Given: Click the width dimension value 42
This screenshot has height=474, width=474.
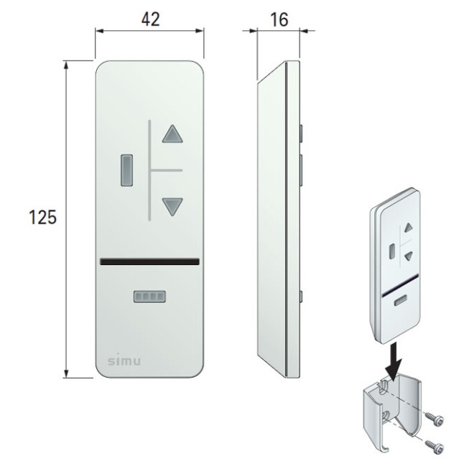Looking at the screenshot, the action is [151, 19].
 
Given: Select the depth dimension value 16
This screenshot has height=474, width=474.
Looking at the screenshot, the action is [279, 19].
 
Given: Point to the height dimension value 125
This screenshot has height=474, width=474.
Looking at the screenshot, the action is [42, 217].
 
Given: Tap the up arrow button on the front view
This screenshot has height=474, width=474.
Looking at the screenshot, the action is [172, 134].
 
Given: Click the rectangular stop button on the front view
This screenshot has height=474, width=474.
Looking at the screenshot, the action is [126, 170].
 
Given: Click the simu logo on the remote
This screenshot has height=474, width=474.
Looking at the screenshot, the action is [124, 361].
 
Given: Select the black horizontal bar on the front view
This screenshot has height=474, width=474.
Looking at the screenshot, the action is [149, 261].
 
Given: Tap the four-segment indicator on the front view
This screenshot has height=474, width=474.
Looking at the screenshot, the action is [149, 297].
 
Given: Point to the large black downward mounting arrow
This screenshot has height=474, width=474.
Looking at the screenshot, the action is [394, 361].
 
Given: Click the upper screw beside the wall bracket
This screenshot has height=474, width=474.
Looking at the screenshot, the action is [434, 419].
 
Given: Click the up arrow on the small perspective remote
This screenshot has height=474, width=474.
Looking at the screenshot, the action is [409, 228].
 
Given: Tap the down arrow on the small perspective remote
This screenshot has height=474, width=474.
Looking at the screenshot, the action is [409, 256].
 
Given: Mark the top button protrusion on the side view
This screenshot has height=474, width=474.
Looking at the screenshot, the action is [301, 133].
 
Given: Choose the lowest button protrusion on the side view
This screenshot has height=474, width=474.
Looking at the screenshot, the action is [301, 297].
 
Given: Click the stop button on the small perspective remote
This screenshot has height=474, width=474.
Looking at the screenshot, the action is [392, 251].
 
